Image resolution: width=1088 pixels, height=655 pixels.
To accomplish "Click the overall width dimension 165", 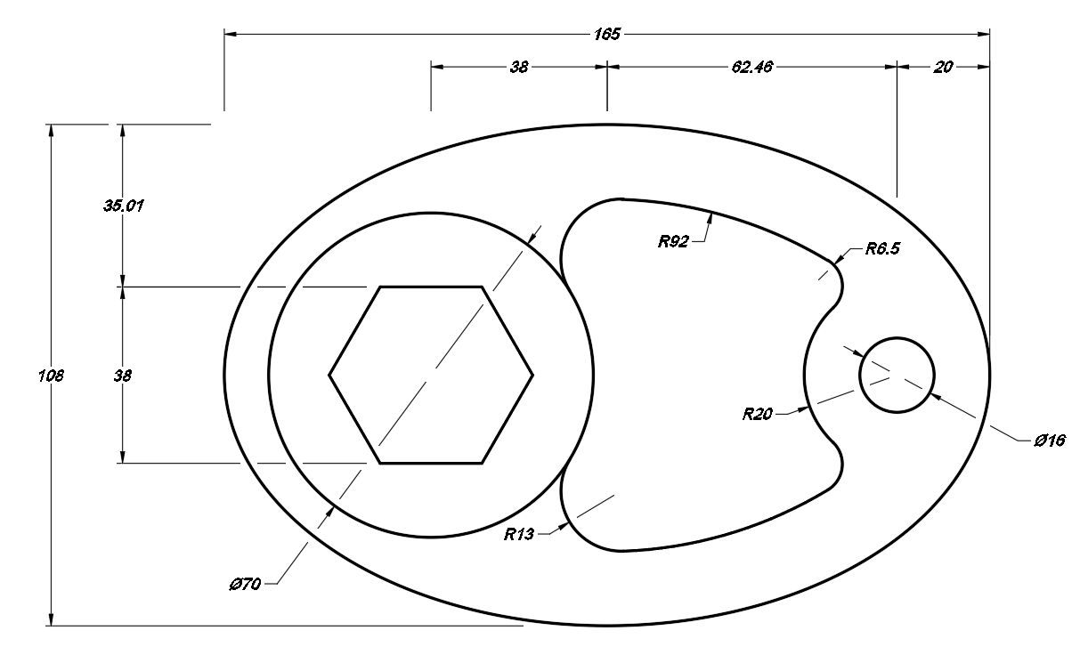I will point(606,35).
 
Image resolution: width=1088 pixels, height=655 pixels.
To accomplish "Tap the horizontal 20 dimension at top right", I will point(943,66).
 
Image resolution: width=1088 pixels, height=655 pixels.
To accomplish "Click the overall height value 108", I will point(52,376).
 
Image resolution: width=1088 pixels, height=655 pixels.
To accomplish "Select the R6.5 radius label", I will point(882,249).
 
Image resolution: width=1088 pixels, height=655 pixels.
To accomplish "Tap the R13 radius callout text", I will point(519,534).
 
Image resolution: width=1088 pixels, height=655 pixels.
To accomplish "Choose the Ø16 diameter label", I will point(1051,441).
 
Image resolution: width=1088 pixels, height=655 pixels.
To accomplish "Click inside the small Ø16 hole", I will point(896,375).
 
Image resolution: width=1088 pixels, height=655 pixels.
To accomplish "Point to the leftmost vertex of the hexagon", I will point(329,375).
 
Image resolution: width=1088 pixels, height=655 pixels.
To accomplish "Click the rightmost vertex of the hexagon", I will point(533,375).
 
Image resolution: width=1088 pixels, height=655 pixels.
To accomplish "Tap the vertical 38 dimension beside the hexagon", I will point(123,376).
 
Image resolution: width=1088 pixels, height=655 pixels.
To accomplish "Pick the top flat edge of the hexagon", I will point(432,287).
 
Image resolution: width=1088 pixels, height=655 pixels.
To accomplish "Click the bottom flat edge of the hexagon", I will point(432,463).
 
